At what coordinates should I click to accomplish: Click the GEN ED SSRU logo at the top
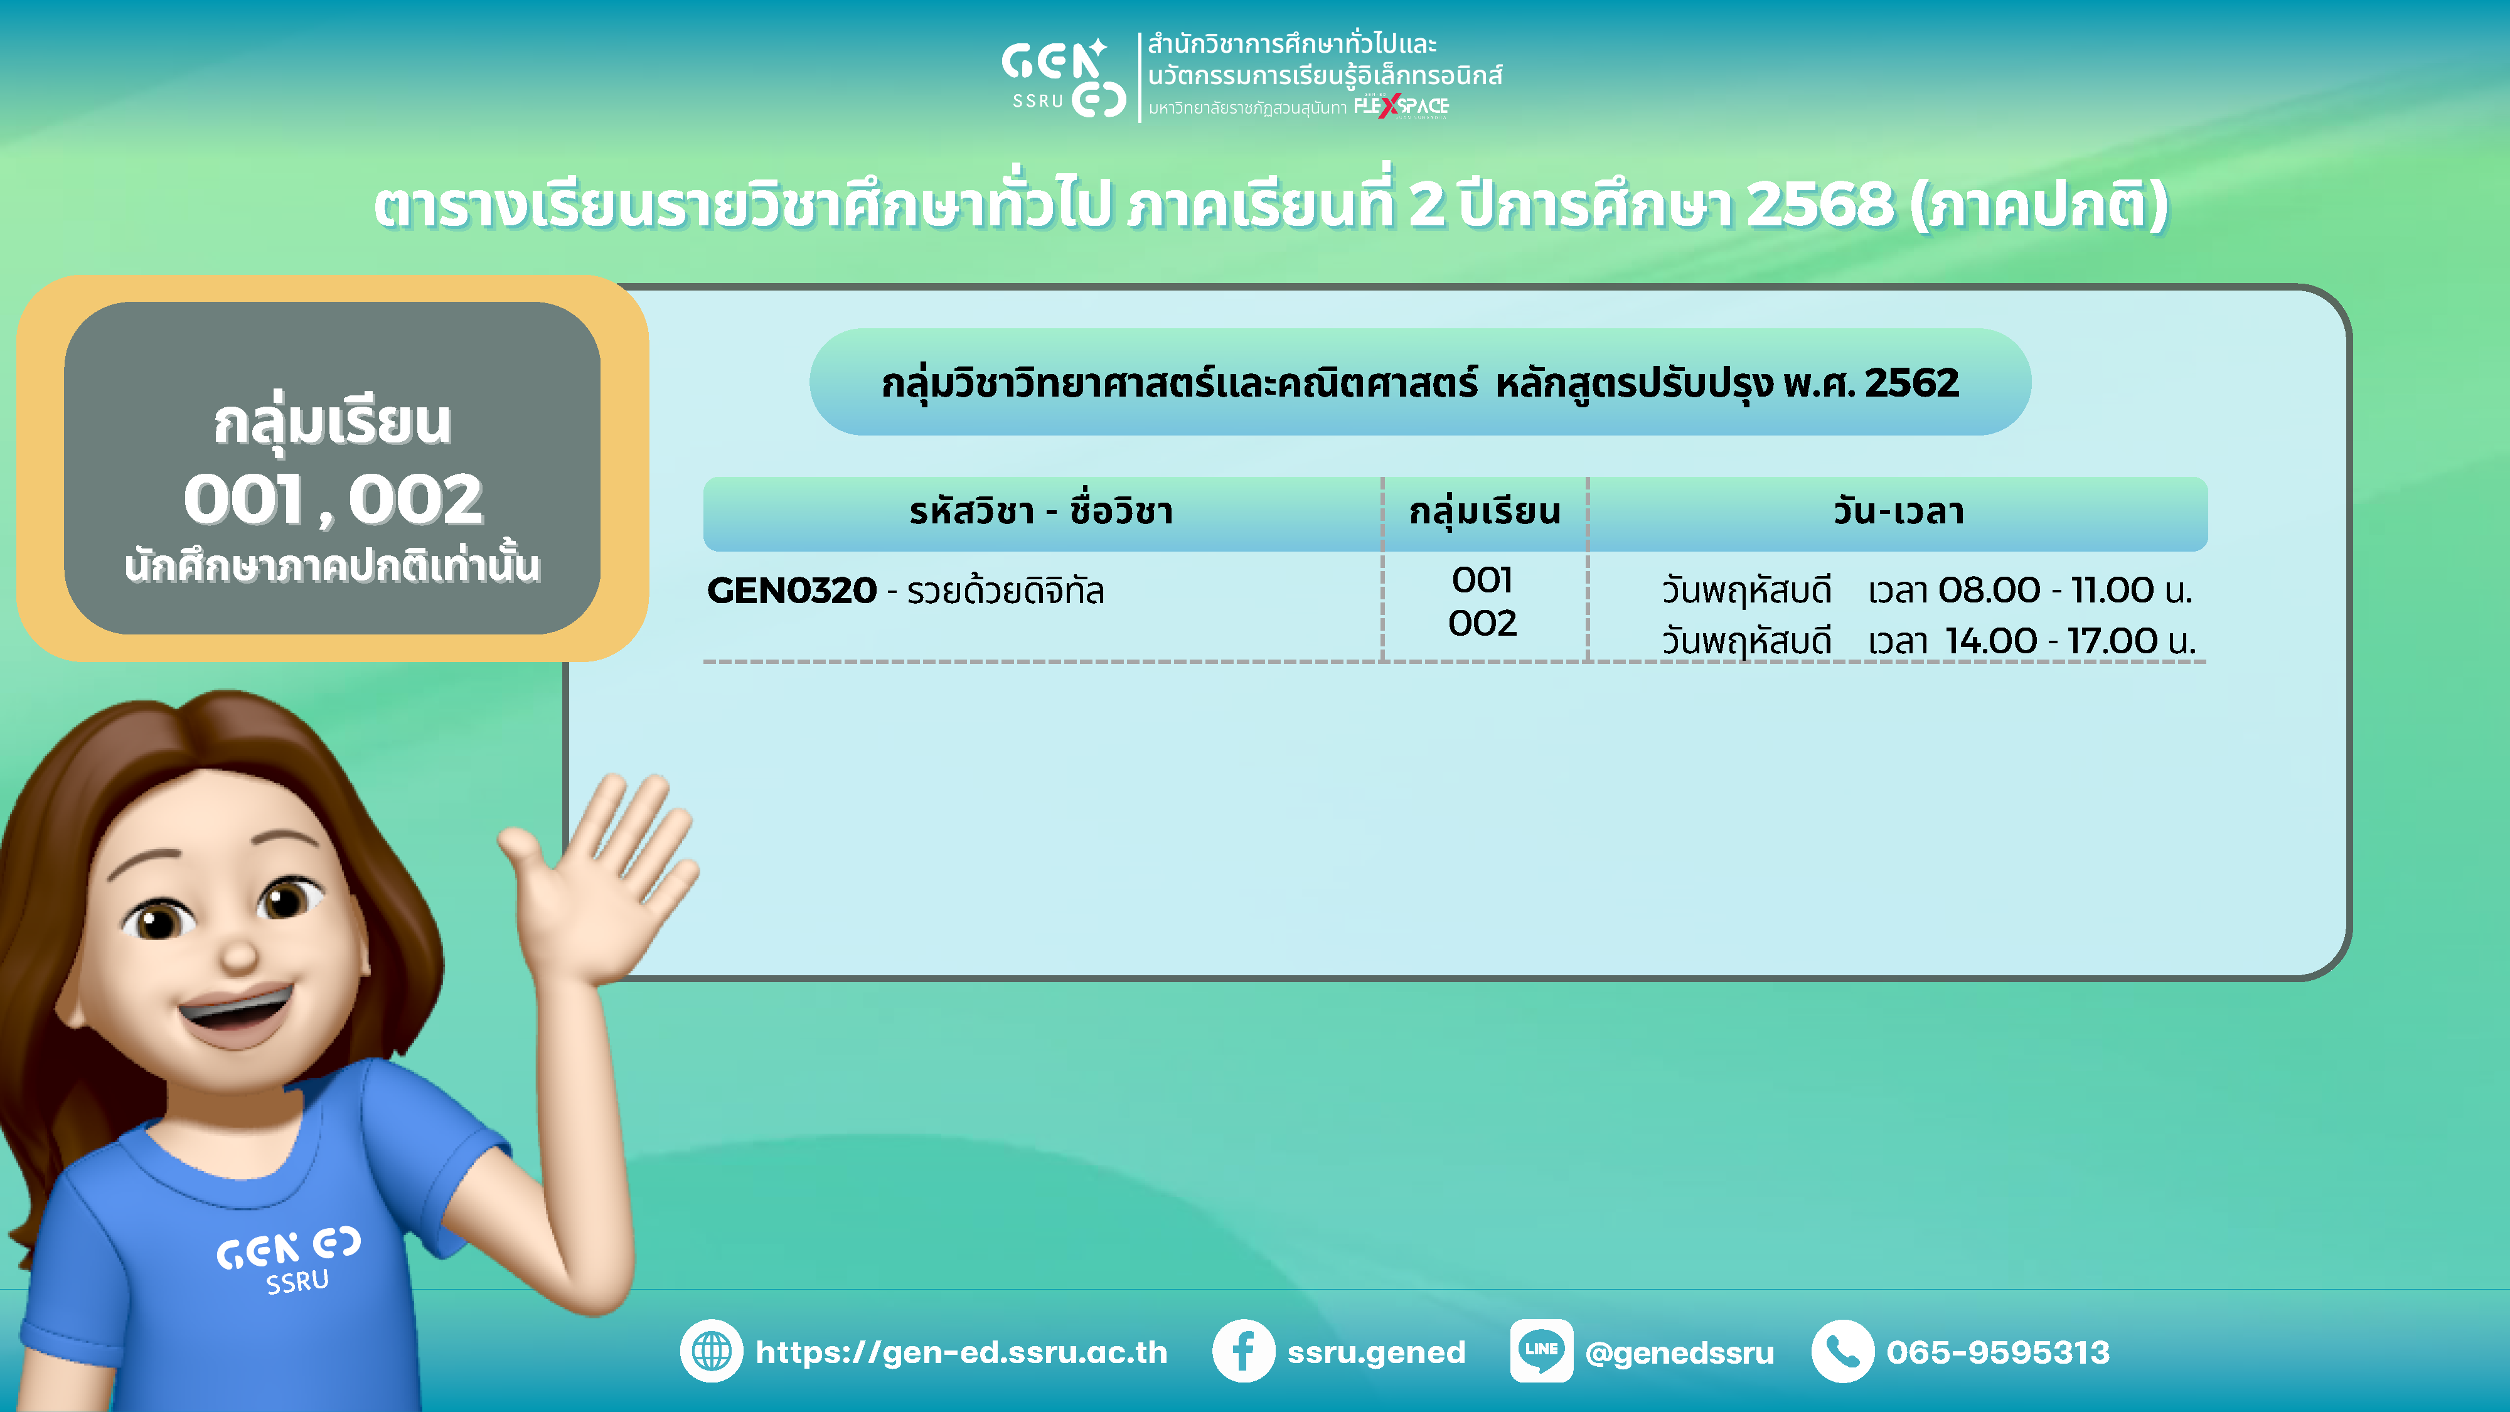pos(1064,77)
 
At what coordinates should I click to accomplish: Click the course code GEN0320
pos(792,591)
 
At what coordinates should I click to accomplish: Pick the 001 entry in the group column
pos(1482,580)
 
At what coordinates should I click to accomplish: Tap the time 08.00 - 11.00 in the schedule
pos(2045,589)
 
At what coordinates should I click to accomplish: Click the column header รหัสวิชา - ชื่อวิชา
pos(1040,511)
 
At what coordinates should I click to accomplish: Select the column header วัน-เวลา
pos(1898,511)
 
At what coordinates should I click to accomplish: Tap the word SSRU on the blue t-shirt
pos(298,1281)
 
